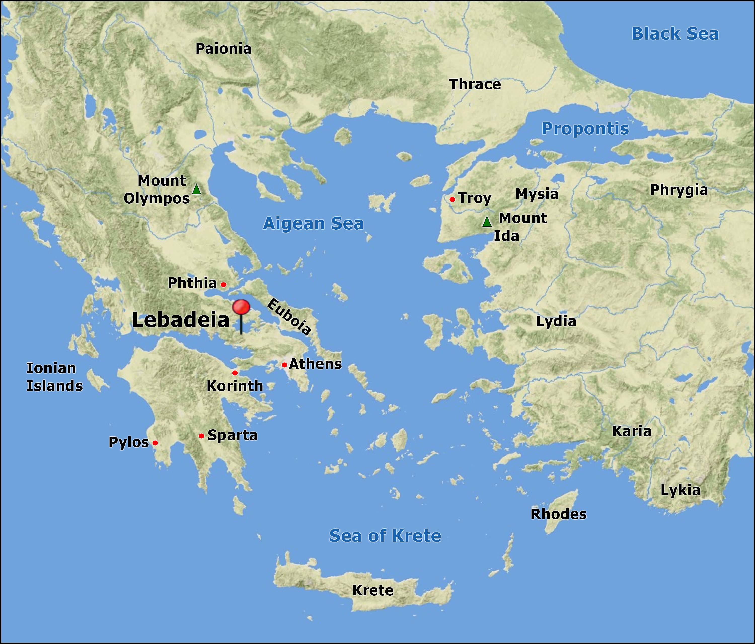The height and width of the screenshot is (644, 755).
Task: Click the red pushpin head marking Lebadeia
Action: click(241, 307)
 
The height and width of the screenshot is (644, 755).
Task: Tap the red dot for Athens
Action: click(284, 365)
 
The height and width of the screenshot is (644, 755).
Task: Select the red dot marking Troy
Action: click(452, 199)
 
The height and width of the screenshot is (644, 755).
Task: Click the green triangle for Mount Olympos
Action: click(196, 189)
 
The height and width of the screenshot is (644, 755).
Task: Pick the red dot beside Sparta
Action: click(202, 436)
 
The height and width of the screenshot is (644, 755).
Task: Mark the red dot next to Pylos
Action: click(155, 443)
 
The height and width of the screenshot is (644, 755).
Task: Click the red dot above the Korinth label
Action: click(235, 373)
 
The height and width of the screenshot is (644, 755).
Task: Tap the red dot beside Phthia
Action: click(224, 285)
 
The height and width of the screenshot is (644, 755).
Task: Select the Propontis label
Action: click(585, 129)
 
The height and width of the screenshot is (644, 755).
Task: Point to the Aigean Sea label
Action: click(313, 223)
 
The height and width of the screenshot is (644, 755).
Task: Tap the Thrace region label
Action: click(475, 84)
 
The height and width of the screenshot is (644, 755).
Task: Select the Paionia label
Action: click(223, 49)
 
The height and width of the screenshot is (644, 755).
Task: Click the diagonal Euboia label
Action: click(289, 316)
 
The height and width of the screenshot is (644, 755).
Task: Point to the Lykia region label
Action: click(680, 490)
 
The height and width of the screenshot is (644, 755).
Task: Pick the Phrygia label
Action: click(679, 190)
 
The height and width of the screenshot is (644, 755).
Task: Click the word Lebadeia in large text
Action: click(180, 320)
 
